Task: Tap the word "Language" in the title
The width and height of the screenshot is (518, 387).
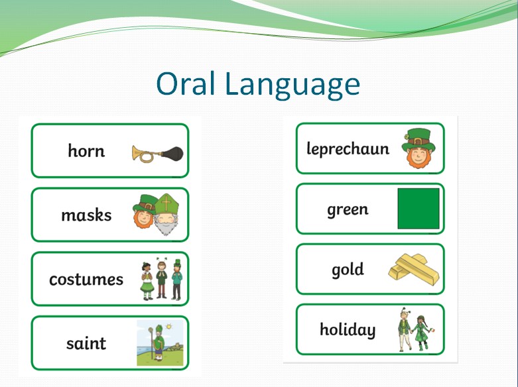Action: pos(292,85)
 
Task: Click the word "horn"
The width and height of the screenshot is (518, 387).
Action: pos(86,150)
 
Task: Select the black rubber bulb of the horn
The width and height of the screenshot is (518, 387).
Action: pos(172,154)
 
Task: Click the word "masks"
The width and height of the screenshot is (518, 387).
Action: pos(86,215)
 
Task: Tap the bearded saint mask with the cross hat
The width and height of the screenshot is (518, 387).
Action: pos(167,214)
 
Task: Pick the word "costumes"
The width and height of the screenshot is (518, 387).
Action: pos(86,280)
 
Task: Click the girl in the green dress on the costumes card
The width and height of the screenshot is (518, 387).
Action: pos(147,281)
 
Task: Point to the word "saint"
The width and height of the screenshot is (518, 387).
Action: pos(86,343)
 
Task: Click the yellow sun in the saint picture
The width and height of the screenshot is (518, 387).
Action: pos(169,327)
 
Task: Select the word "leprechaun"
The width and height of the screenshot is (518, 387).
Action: pos(348,149)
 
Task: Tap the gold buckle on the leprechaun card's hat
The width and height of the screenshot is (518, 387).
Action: pos(418,141)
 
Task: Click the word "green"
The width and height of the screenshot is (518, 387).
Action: pos(348,210)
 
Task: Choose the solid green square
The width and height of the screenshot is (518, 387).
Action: pos(419,209)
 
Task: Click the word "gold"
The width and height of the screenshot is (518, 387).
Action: pos(348,270)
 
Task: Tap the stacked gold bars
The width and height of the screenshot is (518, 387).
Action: pos(414,270)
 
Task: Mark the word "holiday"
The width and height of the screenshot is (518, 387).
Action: pos(348,329)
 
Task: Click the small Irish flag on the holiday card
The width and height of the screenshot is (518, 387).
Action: pos(431,329)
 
